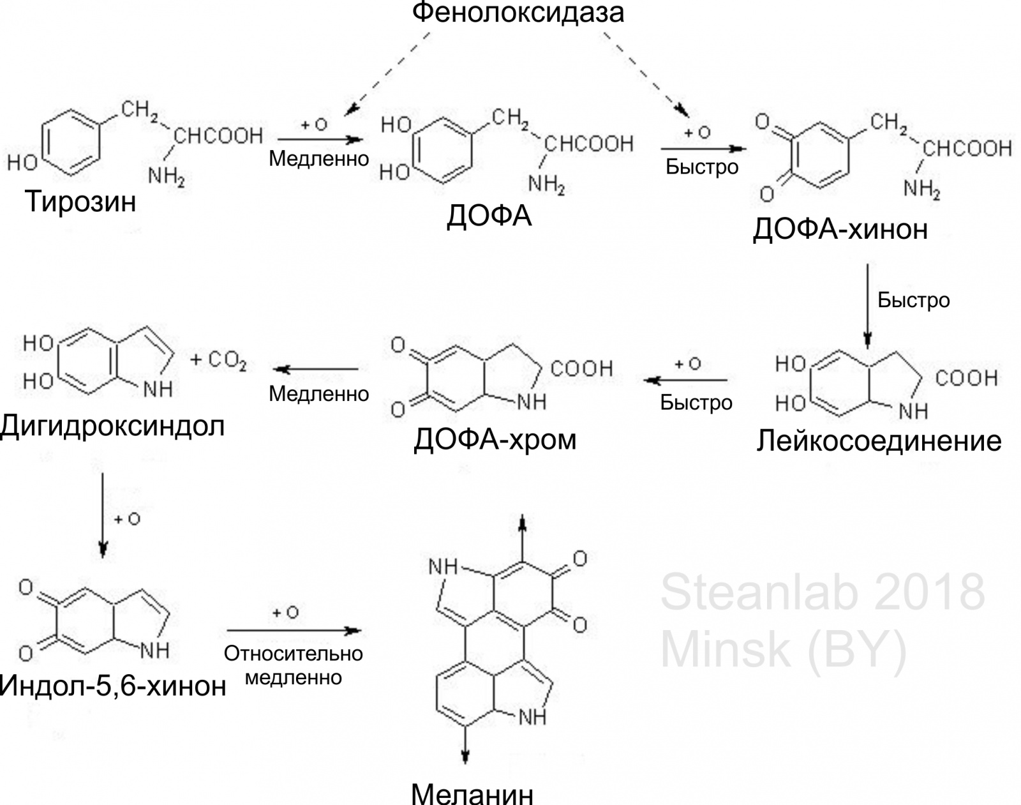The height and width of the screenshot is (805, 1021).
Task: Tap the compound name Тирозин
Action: [80, 201]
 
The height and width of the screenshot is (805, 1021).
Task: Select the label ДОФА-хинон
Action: [840, 230]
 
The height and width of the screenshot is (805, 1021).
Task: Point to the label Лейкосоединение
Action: [879, 441]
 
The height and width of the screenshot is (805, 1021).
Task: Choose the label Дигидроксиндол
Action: [112, 426]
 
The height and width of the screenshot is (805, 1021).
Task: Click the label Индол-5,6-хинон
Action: [113, 686]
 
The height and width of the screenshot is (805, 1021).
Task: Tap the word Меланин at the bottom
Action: [472, 793]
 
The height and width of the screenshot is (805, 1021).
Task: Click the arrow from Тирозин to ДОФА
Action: [320, 140]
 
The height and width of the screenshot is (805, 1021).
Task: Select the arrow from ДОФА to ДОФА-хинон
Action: [704, 149]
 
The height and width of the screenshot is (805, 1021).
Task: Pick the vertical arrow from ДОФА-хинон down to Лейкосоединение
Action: [867, 306]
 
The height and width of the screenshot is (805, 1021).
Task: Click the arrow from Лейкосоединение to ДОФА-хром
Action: [685, 380]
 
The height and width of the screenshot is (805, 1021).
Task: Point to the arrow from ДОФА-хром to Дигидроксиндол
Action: [315, 369]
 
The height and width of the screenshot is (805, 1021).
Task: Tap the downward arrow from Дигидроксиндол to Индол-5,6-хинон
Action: [103, 515]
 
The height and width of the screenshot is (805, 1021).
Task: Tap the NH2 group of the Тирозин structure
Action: [166, 177]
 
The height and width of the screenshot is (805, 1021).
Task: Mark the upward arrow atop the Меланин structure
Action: [522, 538]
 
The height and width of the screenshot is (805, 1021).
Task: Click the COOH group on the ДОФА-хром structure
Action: [582, 368]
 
